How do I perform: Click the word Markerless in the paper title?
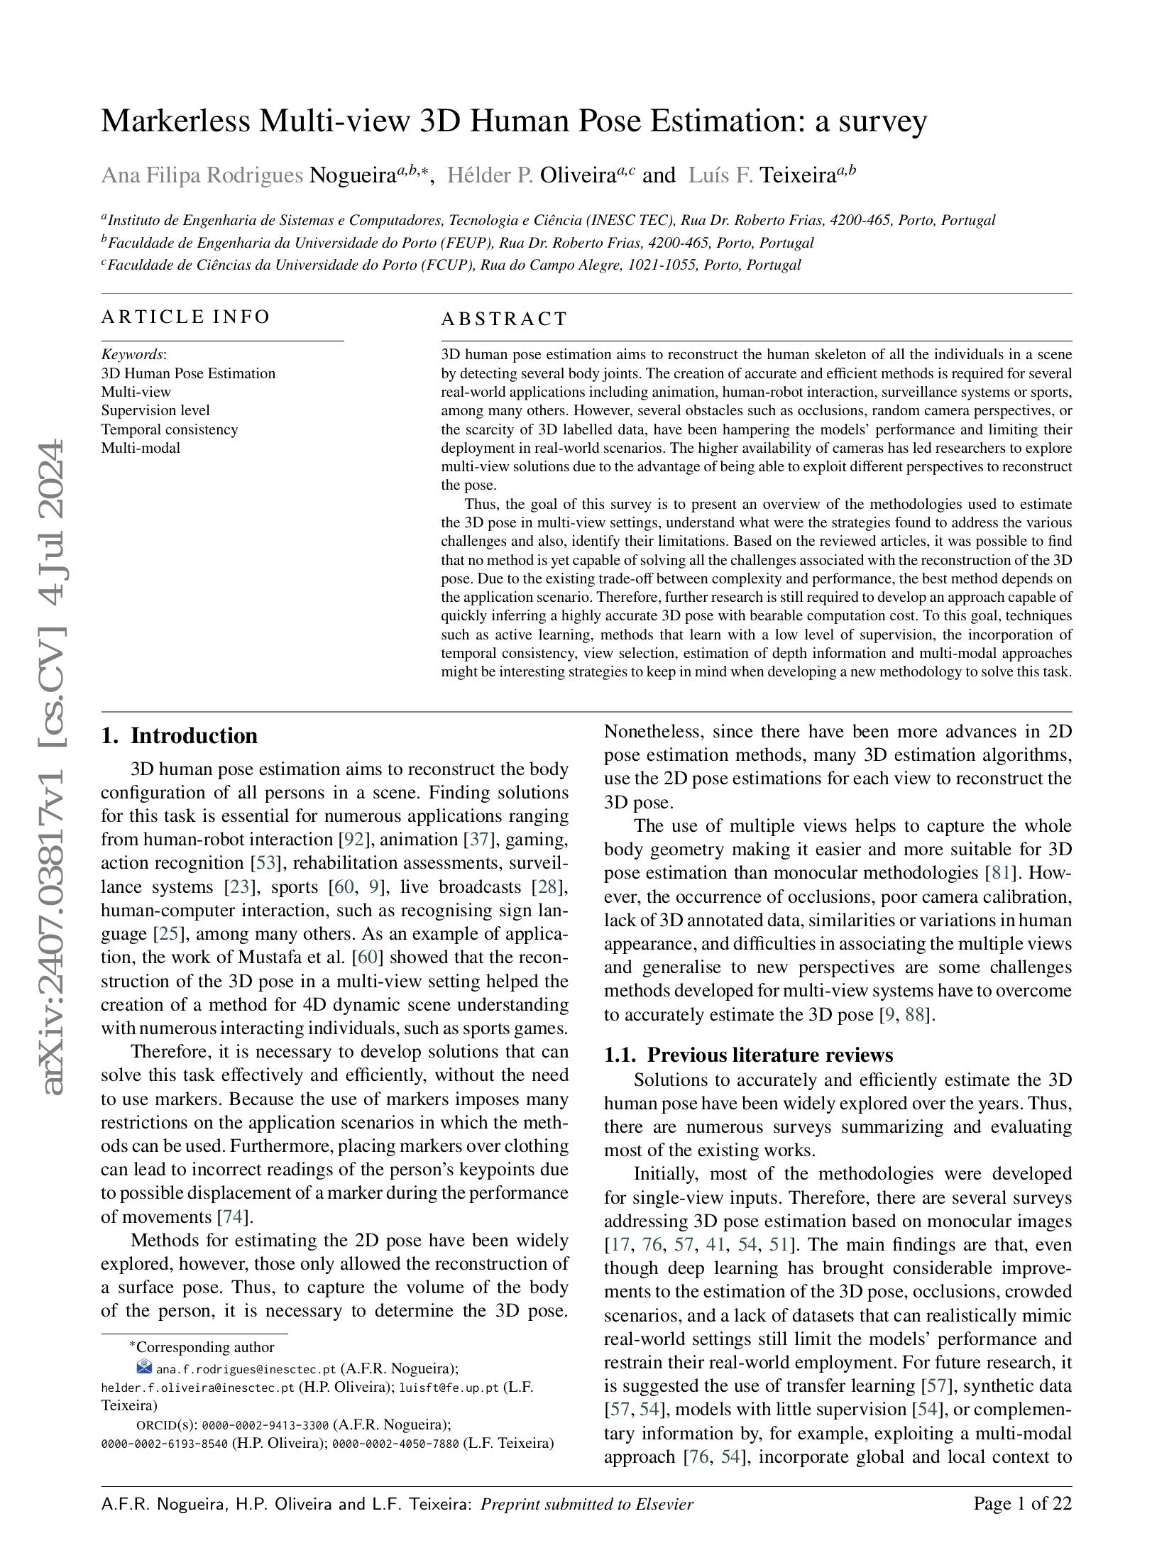coord(175,121)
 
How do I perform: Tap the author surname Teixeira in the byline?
coord(797,175)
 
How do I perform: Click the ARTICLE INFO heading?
coord(185,317)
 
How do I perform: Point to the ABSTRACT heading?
coord(504,319)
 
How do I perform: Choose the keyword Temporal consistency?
coord(170,429)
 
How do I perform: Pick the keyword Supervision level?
coord(155,410)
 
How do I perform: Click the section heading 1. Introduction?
coord(180,735)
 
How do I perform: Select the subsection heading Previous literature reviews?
coord(770,1055)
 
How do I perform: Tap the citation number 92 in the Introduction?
coord(353,840)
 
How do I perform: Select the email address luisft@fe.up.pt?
coord(449,1388)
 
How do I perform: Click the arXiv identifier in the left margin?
coord(54,767)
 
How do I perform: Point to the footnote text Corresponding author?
coord(204,1347)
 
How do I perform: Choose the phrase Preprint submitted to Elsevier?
coord(586,1504)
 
